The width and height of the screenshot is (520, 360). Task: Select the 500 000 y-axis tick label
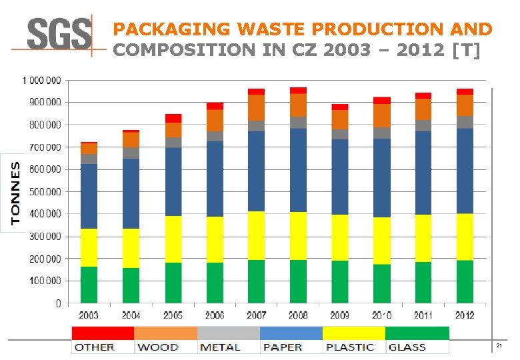(x=43, y=191)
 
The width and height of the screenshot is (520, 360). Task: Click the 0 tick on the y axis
(x=58, y=303)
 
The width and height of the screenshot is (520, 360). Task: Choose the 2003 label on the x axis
(x=90, y=315)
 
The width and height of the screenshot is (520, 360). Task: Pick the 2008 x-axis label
(x=298, y=315)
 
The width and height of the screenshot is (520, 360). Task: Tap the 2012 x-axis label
(x=465, y=315)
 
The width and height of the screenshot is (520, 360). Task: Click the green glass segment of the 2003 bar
(x=89, y=285)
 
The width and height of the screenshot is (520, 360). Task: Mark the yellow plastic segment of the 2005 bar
(x=173, y=239)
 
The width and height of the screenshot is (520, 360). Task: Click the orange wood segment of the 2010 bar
(x=382, y=115)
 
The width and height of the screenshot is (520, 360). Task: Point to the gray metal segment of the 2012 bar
(x=465, y=122)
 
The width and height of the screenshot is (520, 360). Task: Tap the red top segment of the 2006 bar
(x=215, y=106)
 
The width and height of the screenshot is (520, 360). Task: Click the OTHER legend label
(x=94, y=347)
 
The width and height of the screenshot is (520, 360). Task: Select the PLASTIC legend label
(x=350, y=347)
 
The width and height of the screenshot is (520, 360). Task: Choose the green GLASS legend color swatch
(x=417, y=333)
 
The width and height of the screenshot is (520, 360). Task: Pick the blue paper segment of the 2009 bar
(x=340, y=177)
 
